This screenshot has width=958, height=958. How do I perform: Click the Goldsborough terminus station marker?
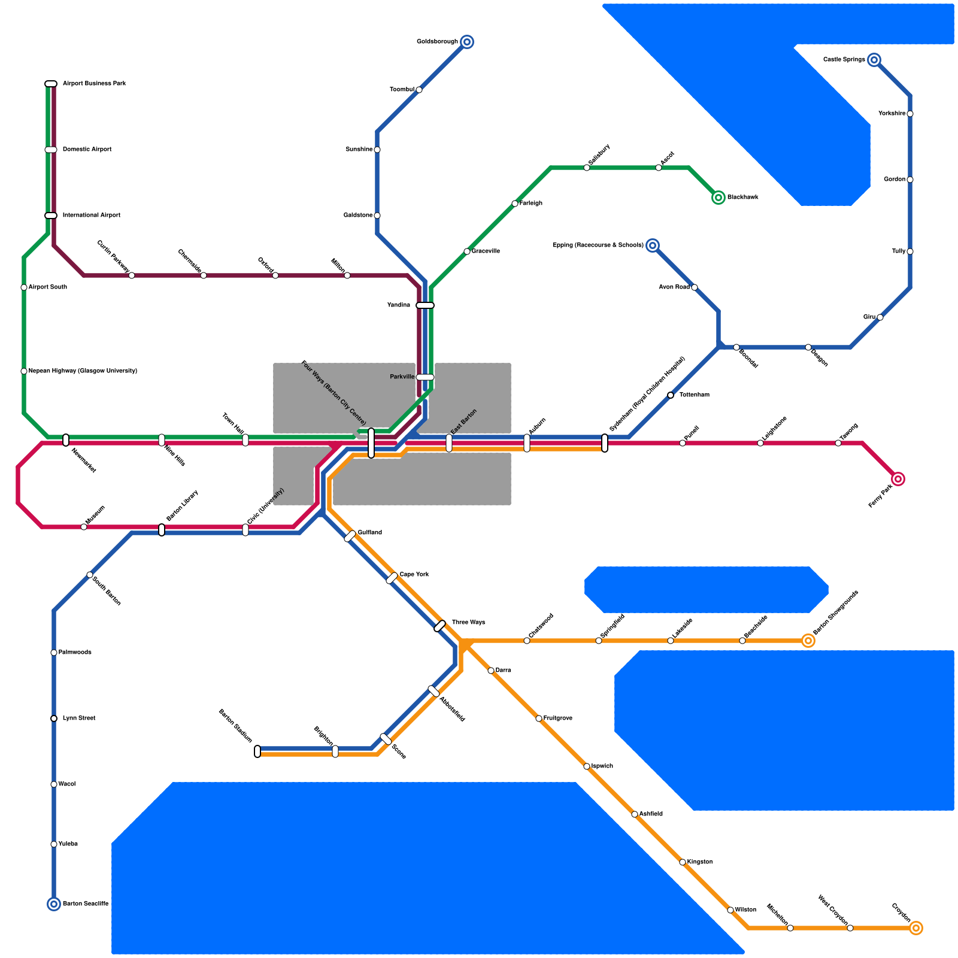point(467,42)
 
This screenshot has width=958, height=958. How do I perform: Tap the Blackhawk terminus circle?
point(718,198)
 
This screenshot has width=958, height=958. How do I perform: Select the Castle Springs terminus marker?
point(874,60)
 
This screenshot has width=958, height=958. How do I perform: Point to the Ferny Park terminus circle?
point(898,479)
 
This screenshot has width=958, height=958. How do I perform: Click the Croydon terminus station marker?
point(916,928)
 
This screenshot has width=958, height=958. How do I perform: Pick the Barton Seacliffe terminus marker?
point(54,904)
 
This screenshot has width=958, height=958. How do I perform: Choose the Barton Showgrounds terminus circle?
point(808,641)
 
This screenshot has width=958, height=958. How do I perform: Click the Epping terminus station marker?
point(653,245)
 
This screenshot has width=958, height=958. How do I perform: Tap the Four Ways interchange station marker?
point(371,443)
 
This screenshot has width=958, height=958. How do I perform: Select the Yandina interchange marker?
point(425,305)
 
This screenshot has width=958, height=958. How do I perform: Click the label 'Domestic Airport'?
point(87,150)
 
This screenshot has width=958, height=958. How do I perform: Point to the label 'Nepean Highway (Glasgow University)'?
point(83,371)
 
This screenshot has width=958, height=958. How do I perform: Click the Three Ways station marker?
point(440,626)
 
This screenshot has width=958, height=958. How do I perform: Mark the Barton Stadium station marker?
point(257,751)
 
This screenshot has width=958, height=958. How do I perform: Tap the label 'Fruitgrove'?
point(557,718)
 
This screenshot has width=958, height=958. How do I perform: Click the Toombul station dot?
point(419,90)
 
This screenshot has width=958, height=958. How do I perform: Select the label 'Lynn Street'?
point(79,718)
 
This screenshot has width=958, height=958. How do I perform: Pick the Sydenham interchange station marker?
point(605,443)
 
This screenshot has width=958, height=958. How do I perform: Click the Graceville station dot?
point(467,251)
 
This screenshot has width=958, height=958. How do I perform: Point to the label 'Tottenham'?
point(695,395)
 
